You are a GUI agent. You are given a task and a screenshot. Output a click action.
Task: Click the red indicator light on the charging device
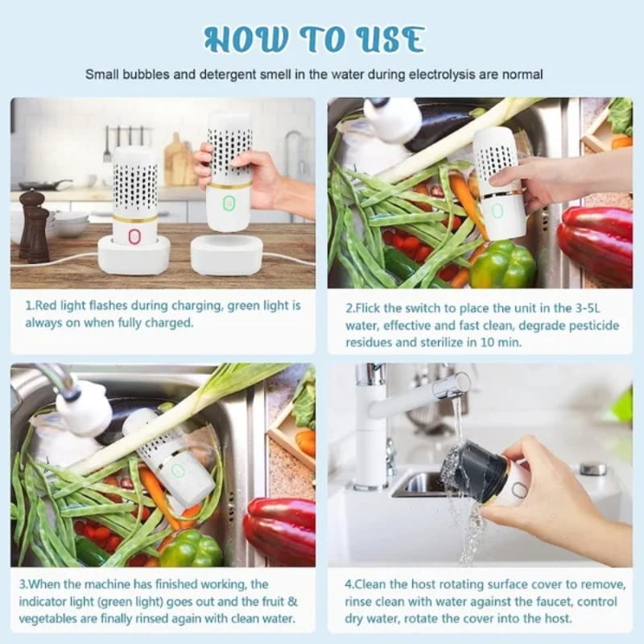coord(134,236)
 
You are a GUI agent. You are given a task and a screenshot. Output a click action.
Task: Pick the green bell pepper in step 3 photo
coord(191,549)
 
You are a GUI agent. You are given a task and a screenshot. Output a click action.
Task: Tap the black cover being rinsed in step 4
coord(475,472)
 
